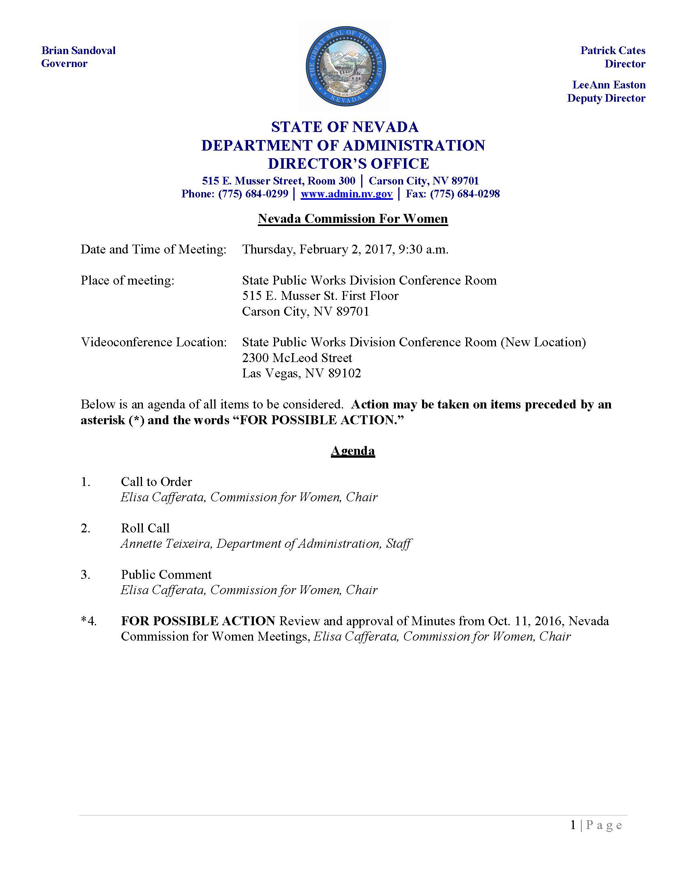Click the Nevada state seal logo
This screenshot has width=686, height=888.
point(345,67)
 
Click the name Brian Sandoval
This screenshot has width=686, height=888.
point(78,50)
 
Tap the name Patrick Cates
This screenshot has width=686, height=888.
point(613,50)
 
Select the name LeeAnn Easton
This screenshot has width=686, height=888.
point(609,85)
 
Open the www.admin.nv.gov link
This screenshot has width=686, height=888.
point(346,194)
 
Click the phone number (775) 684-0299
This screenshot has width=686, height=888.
point(253,194)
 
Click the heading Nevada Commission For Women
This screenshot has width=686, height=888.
point(353,219)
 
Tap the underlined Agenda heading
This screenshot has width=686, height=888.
point(353,450)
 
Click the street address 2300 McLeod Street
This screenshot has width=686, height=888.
point(297,358)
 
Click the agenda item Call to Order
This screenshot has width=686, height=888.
point(156,482)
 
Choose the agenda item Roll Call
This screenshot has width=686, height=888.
point(145,528)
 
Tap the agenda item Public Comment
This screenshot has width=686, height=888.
point(166,574)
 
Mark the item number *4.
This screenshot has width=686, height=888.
point(89,621)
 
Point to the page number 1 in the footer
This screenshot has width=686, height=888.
point(573,825)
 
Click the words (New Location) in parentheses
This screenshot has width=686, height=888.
point(543,342)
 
